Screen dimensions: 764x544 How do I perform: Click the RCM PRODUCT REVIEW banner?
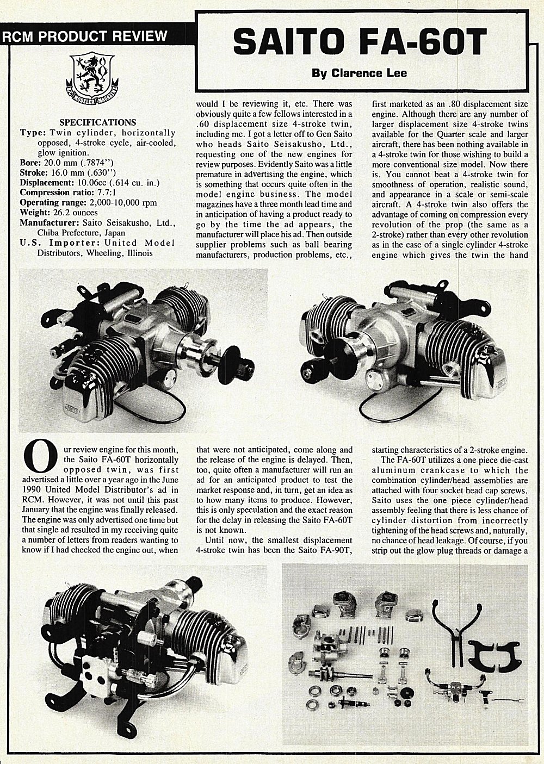(x=85, y=36)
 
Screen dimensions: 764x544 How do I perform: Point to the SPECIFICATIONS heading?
(x=97, y=122)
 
